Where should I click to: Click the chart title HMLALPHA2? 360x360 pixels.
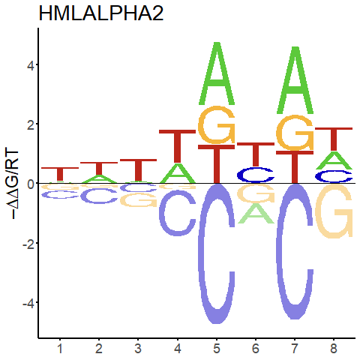coord(101,13)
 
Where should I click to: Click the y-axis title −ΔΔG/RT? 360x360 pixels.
coord(12,184)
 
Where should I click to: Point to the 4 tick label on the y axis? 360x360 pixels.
coord(30,64)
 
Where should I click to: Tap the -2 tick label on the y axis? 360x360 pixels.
coord(28,243)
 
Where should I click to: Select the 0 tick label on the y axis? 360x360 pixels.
coord(30,184)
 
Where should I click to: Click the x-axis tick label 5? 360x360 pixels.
coord(217,349)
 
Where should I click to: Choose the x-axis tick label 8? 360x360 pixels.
coord(334,349)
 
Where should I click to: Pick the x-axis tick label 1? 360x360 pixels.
coord(60,349)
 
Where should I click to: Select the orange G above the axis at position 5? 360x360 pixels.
coord(217,124)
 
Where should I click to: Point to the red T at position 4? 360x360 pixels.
coord(178,146)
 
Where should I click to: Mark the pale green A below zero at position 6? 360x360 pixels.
coord(256,213)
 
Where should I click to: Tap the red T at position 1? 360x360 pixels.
coord(60,174)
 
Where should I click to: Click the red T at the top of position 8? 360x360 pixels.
coord(334,139)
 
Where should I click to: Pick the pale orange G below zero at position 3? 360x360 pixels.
coord(138,200)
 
